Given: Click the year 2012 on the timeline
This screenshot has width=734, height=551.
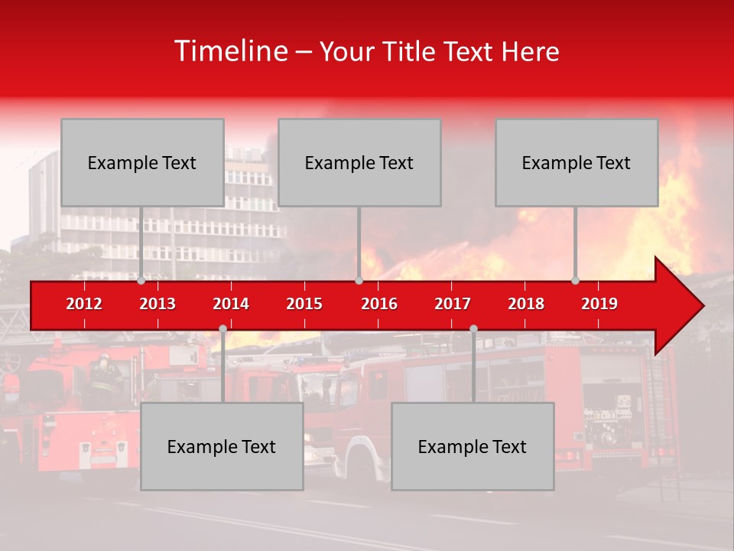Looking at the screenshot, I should tap(84, 304).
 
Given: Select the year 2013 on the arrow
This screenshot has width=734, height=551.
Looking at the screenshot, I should tap(158, 304).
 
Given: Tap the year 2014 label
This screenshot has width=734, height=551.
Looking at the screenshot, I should tap(231, 304).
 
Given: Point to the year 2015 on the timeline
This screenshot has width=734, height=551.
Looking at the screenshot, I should tap(304, 304).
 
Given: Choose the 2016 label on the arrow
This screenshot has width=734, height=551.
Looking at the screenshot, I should tap(379, 304).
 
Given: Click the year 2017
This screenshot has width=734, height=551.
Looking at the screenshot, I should tap(453, 304).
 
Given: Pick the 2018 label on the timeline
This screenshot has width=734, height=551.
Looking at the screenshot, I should tap(526, 304).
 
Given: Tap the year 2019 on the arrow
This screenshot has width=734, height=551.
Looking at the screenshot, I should tap(599, 304).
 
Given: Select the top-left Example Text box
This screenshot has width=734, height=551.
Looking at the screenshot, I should tap(142, 162).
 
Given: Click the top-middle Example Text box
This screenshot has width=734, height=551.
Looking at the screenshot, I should tap(359, 162).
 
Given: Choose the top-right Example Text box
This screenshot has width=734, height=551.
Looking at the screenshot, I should tap(576, 162).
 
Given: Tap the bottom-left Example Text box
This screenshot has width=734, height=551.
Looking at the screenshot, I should tap(222, 446).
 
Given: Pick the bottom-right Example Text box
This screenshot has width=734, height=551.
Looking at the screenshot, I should tap(473, 446).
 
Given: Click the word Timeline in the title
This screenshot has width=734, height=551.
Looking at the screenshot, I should tap(230, 51).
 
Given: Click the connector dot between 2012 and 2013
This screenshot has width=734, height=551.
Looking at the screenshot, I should tap(141, 280).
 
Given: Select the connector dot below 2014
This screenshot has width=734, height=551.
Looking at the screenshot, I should tap(222, 328).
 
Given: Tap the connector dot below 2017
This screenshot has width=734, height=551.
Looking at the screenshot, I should tap(473, 328).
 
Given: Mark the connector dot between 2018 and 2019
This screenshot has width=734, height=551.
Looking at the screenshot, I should tap(576, 280).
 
